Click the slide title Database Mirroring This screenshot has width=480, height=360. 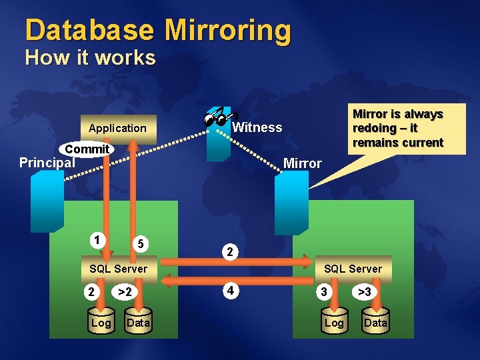point(158,31)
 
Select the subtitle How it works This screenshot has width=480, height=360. point(90,58)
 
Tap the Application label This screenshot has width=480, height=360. point(117,128)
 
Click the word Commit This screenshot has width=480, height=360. point(87,149)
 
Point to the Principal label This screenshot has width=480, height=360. point(47,163)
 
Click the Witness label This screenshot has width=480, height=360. point(257,127)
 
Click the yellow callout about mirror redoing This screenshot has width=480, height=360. point(397,128)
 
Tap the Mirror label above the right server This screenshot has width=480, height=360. point(302,163)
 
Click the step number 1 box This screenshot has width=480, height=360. point(98,239)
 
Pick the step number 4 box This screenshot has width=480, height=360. point(229,291)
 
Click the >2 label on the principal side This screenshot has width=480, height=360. point(124,292)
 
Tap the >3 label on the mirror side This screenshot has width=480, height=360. point(365,292)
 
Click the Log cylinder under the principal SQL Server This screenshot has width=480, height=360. point(101,323)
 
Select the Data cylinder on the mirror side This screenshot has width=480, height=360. point(375,322)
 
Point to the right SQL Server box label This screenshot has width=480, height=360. point(353,269)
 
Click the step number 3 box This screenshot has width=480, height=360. point(323,292)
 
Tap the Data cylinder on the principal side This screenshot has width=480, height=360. point(138,323)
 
